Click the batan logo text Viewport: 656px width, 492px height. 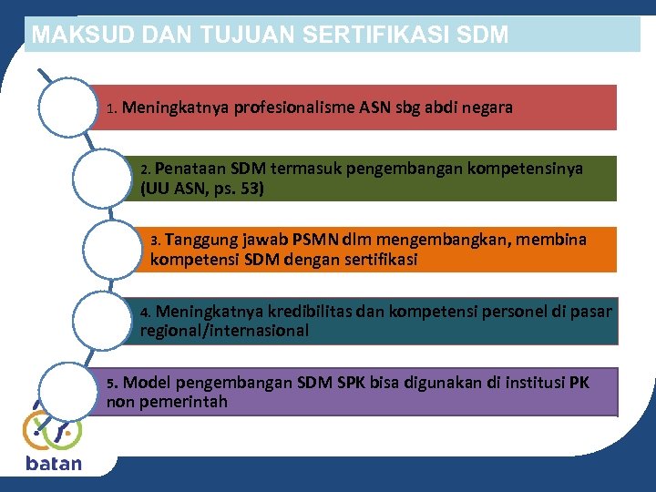click(x=54, y=464)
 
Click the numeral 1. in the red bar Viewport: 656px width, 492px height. click(x=111, y=108)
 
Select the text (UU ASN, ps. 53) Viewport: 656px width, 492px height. click(x=203, y=189)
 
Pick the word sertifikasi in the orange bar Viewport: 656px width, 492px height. click(x=374, y=260)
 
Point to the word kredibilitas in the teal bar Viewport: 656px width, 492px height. click(x=306, y=311)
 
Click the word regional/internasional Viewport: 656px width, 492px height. click(x=224, y=331)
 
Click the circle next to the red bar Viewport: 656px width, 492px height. click(x=67, y=108)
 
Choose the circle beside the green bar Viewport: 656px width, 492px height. click(x=101, y=179)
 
